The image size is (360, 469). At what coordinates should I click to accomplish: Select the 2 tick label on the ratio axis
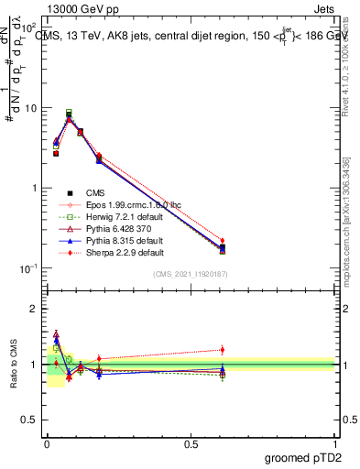tap(35, 309)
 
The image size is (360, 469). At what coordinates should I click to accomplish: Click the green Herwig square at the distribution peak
tap(69, 113)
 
